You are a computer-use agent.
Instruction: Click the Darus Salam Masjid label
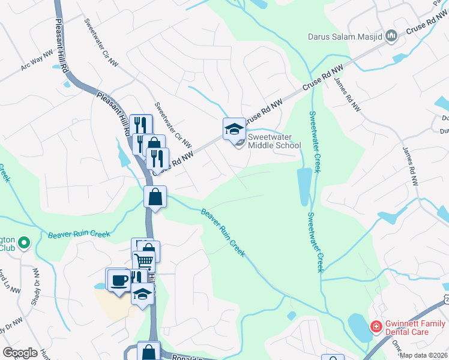pyautogui.click(x=345, y=36)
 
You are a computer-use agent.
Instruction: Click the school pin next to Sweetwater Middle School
pyautogui.click(x=234, y=128)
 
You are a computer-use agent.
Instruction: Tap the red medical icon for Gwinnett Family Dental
pyautogui.click(x=376, y=327)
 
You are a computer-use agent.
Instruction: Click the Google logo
pyautogui.click(x=20, y=352)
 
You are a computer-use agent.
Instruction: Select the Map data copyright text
pyautogui.click(x=423, y=355)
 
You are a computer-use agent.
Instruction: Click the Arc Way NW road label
pyautogui.click(x=38, y=62)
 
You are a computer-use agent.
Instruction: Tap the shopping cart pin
pyautogui.click(x=144, y=261)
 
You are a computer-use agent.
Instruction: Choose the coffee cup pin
pyautogui.click(x=119, y=279)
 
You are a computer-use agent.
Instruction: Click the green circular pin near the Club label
pyautogui.click(x=24, y=243)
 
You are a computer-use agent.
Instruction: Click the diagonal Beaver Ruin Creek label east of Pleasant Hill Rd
pyautogui.click(x=223, y=233)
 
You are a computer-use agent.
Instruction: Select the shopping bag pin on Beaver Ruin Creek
pyautogui.click(x=155, y=197)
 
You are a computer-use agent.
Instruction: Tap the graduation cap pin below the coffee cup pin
pyautogui.click(x=142, y=294)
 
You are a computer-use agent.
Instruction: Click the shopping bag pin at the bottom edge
pyautogui.click(x=148, y=352)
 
